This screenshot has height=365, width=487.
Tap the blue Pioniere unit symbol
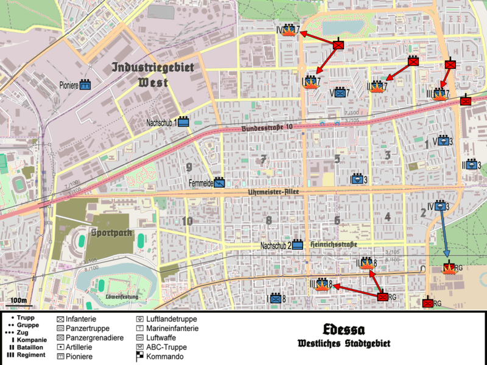click(x=85, y=86)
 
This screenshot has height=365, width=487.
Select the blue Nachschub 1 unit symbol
click(x=183, y=122)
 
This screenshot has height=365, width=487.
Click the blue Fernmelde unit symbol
click(x=220, y=181)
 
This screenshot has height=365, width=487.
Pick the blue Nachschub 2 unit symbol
click(x=298, y=245)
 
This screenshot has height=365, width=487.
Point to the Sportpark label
click(x=109, y=232)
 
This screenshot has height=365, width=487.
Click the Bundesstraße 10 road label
click(x=267, y=128)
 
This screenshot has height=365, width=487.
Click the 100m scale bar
click(x=18, y=301)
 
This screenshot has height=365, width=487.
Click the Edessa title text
click(x=344, y=330)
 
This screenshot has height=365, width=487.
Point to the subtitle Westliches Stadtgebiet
click(x=344, y=344)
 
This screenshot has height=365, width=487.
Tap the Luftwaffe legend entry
click(x=158, y=337)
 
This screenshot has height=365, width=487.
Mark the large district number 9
click(x=189, y=167)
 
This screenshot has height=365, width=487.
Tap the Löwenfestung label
click(x=122, y=297)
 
